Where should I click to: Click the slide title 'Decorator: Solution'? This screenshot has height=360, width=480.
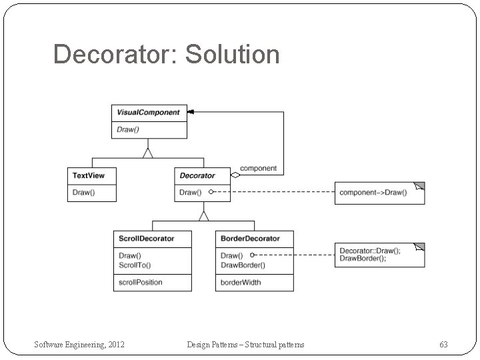(x=166, y=55)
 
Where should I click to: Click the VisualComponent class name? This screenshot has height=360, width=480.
(x=149, y=113)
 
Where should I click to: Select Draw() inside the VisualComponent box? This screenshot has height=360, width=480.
(x=128, y=129)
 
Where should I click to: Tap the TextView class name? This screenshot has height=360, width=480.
(x=89, y=176)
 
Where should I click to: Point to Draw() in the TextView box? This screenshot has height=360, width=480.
(x=83, y=193)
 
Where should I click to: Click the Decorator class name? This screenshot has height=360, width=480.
(x=197, y=176)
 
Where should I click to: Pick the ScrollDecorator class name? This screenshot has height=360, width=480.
(x=147, y=239)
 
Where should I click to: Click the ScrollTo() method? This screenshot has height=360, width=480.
(x=135, y=265)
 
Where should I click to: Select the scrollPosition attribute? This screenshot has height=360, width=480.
(x=141, y=282)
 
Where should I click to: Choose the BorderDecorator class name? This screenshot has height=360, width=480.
(x=250, y=239)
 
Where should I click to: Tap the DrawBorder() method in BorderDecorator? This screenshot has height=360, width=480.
(x=243, y=265)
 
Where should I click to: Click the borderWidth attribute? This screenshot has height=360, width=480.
(x=241, y=282)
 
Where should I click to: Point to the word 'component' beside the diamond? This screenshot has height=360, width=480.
(x=258, y=169)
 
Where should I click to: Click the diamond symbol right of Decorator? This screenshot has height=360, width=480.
(x=234, y=176)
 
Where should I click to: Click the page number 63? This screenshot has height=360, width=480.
(x=443, y=344)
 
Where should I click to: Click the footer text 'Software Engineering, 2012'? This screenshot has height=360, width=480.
(x=80, y=344)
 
